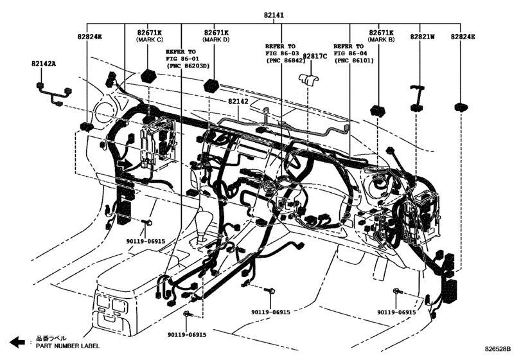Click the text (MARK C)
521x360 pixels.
pos(149,40)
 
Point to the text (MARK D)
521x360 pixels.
pos(216,40)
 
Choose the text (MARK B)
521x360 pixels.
pos(381,40)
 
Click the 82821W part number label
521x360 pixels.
pos(423,37)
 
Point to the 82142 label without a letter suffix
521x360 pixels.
pos(238,102)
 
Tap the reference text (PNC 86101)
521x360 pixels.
pos(352,61)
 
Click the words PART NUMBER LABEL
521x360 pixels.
pos(67,346)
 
